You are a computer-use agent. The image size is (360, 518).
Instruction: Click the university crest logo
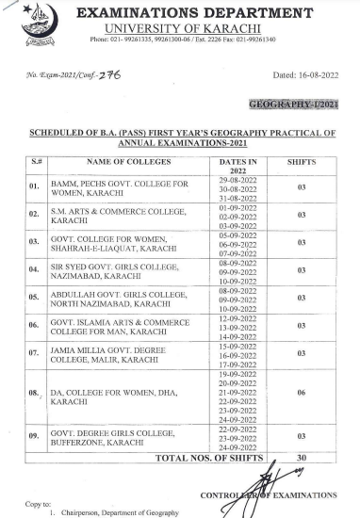(x=39, y=21)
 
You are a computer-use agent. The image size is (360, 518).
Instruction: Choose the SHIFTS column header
(x=302, y=165)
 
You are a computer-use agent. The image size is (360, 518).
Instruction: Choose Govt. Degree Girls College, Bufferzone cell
(x=104, y=436)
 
